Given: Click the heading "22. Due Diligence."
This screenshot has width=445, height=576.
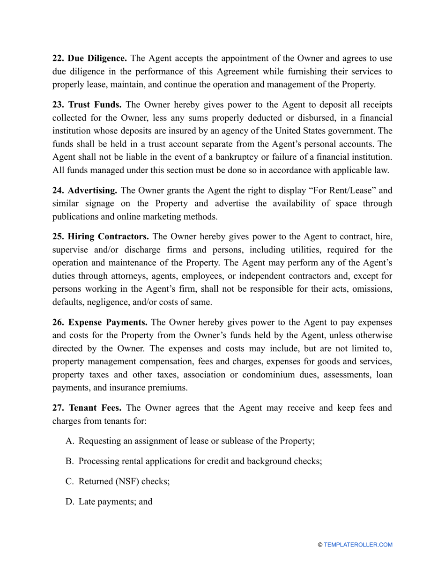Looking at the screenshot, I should [x=89, y=59].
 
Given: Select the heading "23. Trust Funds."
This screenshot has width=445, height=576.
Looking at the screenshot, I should [x=87, y=104].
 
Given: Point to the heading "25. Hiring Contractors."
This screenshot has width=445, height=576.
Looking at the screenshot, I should [x=101, y=236].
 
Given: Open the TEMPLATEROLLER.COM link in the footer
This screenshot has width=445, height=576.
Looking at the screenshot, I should [x=358, y=545].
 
